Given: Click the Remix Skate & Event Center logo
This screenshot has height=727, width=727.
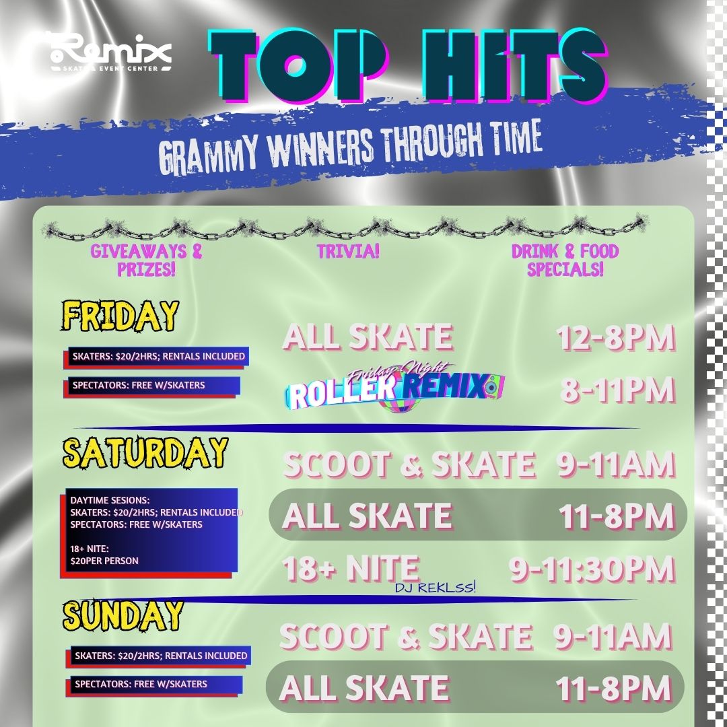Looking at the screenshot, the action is click(110, 53).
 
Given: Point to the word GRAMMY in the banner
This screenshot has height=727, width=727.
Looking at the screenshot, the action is click(208, 153).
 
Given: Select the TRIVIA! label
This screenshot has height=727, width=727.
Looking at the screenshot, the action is click(348, 251).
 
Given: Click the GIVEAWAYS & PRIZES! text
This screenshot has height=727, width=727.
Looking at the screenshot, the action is click(146, 260).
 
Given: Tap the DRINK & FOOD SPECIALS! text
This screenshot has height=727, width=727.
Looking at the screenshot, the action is click(565, 260).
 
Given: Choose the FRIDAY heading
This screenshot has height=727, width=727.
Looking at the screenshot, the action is click(120, 316).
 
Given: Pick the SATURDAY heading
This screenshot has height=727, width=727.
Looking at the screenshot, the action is click(145, 452).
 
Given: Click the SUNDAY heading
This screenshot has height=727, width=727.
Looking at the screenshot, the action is click(123, 615).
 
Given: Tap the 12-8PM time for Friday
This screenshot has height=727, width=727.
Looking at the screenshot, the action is click(616, 337).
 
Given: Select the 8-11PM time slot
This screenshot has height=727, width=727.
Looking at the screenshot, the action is click(617, 390).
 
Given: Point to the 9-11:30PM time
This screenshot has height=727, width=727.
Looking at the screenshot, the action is click(592, 569).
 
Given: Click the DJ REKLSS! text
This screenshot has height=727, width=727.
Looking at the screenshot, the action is click(436, 588).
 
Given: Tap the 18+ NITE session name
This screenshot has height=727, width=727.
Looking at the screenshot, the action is click(351, 568).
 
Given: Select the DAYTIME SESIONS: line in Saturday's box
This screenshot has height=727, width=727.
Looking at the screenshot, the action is click(110, 500).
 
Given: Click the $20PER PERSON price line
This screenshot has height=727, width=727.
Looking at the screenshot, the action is click(104, 561).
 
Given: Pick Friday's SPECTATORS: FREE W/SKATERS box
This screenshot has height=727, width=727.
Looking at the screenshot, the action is click(151, 386).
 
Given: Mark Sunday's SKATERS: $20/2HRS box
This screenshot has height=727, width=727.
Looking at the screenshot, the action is click(160, 656).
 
